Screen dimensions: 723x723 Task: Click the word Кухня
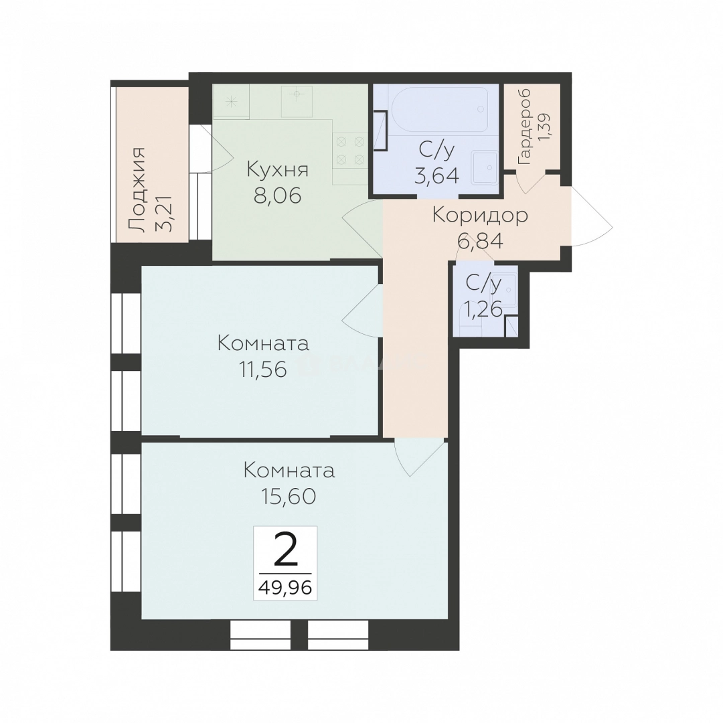278,170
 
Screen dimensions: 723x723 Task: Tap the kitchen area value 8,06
278,195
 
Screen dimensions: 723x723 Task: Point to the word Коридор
480,216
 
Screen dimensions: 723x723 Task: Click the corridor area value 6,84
480,241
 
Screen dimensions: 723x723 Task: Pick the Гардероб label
525,127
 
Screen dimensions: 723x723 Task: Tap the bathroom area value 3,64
436,175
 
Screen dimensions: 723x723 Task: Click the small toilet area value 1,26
483,310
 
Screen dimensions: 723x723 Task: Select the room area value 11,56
263,369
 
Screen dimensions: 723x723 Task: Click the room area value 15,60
289,496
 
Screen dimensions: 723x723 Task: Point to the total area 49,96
285,587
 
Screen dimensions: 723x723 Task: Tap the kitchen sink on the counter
297,100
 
